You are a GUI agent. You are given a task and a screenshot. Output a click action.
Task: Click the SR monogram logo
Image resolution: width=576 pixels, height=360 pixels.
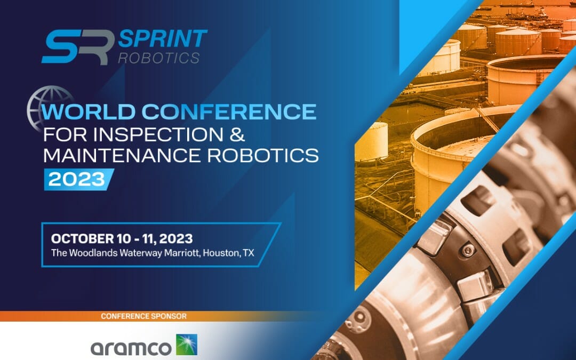77,47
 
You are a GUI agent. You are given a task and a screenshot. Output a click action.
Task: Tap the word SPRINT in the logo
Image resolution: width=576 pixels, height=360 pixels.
163,39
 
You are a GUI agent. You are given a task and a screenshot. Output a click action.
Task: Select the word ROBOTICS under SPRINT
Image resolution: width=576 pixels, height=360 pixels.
159,58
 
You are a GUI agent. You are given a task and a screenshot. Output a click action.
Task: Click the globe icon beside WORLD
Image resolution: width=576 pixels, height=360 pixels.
51,107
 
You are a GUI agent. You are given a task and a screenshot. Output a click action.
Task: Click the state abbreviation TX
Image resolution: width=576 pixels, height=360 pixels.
248,252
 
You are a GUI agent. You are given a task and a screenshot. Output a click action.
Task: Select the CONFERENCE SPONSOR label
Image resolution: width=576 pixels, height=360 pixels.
144,316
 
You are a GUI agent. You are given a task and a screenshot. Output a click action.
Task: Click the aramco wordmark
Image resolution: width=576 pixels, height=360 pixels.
131,348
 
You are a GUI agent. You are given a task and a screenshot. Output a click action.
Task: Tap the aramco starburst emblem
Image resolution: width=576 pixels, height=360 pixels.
187,345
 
